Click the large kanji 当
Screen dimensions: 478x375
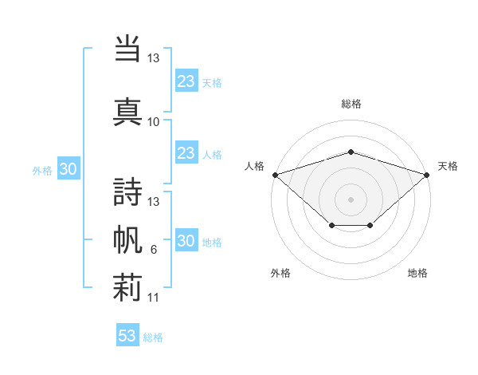[127, 48]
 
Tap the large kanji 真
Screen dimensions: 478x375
[127, 112]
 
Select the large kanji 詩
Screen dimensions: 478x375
[127, 191]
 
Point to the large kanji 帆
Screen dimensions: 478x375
[127, 239]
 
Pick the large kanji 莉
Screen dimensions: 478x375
[127, 287]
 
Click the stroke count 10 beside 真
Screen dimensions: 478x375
[153, 122]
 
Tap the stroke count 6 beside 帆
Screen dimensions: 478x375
[154, 250]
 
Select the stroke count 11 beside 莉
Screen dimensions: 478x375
[153, 298]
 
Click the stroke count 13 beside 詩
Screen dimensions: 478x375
[153, 202]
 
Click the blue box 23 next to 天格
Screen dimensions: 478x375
[186, 81]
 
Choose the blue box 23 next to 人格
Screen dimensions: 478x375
[186, 152]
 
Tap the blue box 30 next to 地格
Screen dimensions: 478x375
[186, 239]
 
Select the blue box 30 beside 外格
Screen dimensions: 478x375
[69, 168]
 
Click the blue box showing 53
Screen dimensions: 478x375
[127, 334]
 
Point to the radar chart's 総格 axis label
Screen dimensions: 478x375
[351, 104]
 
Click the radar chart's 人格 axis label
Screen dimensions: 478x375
[254, 166]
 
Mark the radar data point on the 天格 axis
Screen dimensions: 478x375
[427, 175]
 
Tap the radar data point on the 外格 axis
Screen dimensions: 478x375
[332, 225]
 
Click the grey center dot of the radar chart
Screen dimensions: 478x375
[351, 199]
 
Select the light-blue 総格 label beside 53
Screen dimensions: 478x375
[153, 337]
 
